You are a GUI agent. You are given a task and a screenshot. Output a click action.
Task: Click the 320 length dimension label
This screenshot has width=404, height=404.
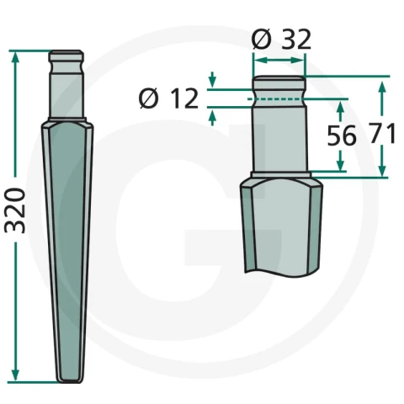15,210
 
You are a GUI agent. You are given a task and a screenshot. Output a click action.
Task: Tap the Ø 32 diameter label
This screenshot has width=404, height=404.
281,40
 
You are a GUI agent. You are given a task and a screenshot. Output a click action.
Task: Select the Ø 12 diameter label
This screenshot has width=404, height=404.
168,98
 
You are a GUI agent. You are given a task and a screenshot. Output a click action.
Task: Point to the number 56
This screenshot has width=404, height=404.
342,136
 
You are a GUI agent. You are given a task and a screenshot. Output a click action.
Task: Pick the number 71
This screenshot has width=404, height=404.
382,133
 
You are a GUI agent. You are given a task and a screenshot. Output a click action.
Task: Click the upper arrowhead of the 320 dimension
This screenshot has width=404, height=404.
15,56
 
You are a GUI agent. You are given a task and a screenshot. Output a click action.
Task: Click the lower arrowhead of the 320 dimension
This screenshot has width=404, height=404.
15,375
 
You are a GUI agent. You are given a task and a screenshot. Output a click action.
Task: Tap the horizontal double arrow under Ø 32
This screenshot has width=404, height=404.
279,61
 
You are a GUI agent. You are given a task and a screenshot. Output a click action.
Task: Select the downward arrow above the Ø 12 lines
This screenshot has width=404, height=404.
213,80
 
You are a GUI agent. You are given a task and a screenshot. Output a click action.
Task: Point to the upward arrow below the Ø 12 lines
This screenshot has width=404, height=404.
213,118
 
